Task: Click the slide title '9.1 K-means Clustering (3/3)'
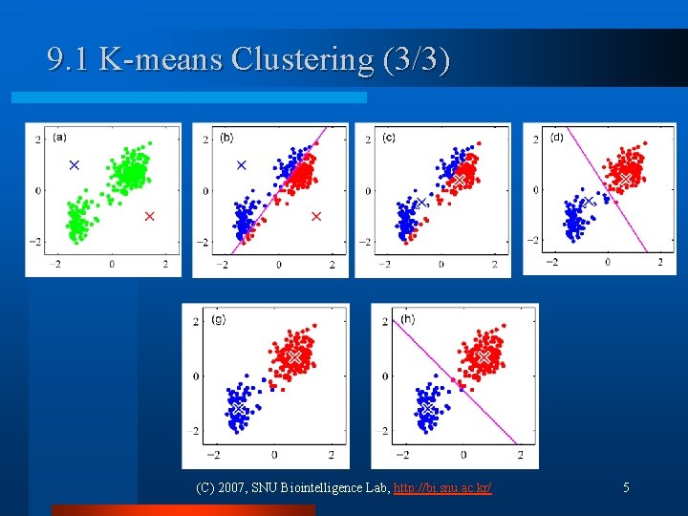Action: [248, 60]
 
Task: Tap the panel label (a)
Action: [59, 137]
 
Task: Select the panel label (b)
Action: [226, 137]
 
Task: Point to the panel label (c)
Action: [389, 137]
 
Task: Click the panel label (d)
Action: [556, 137]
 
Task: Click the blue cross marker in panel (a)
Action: [74, 165]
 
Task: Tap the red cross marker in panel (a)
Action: [149, 217]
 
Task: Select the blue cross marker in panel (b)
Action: [241, 165]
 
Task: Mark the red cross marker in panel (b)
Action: [316, 217]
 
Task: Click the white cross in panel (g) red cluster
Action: [294, 356]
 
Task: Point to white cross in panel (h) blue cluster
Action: [426, 409]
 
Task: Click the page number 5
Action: [626, 488]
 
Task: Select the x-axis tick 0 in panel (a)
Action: [111, 264]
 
